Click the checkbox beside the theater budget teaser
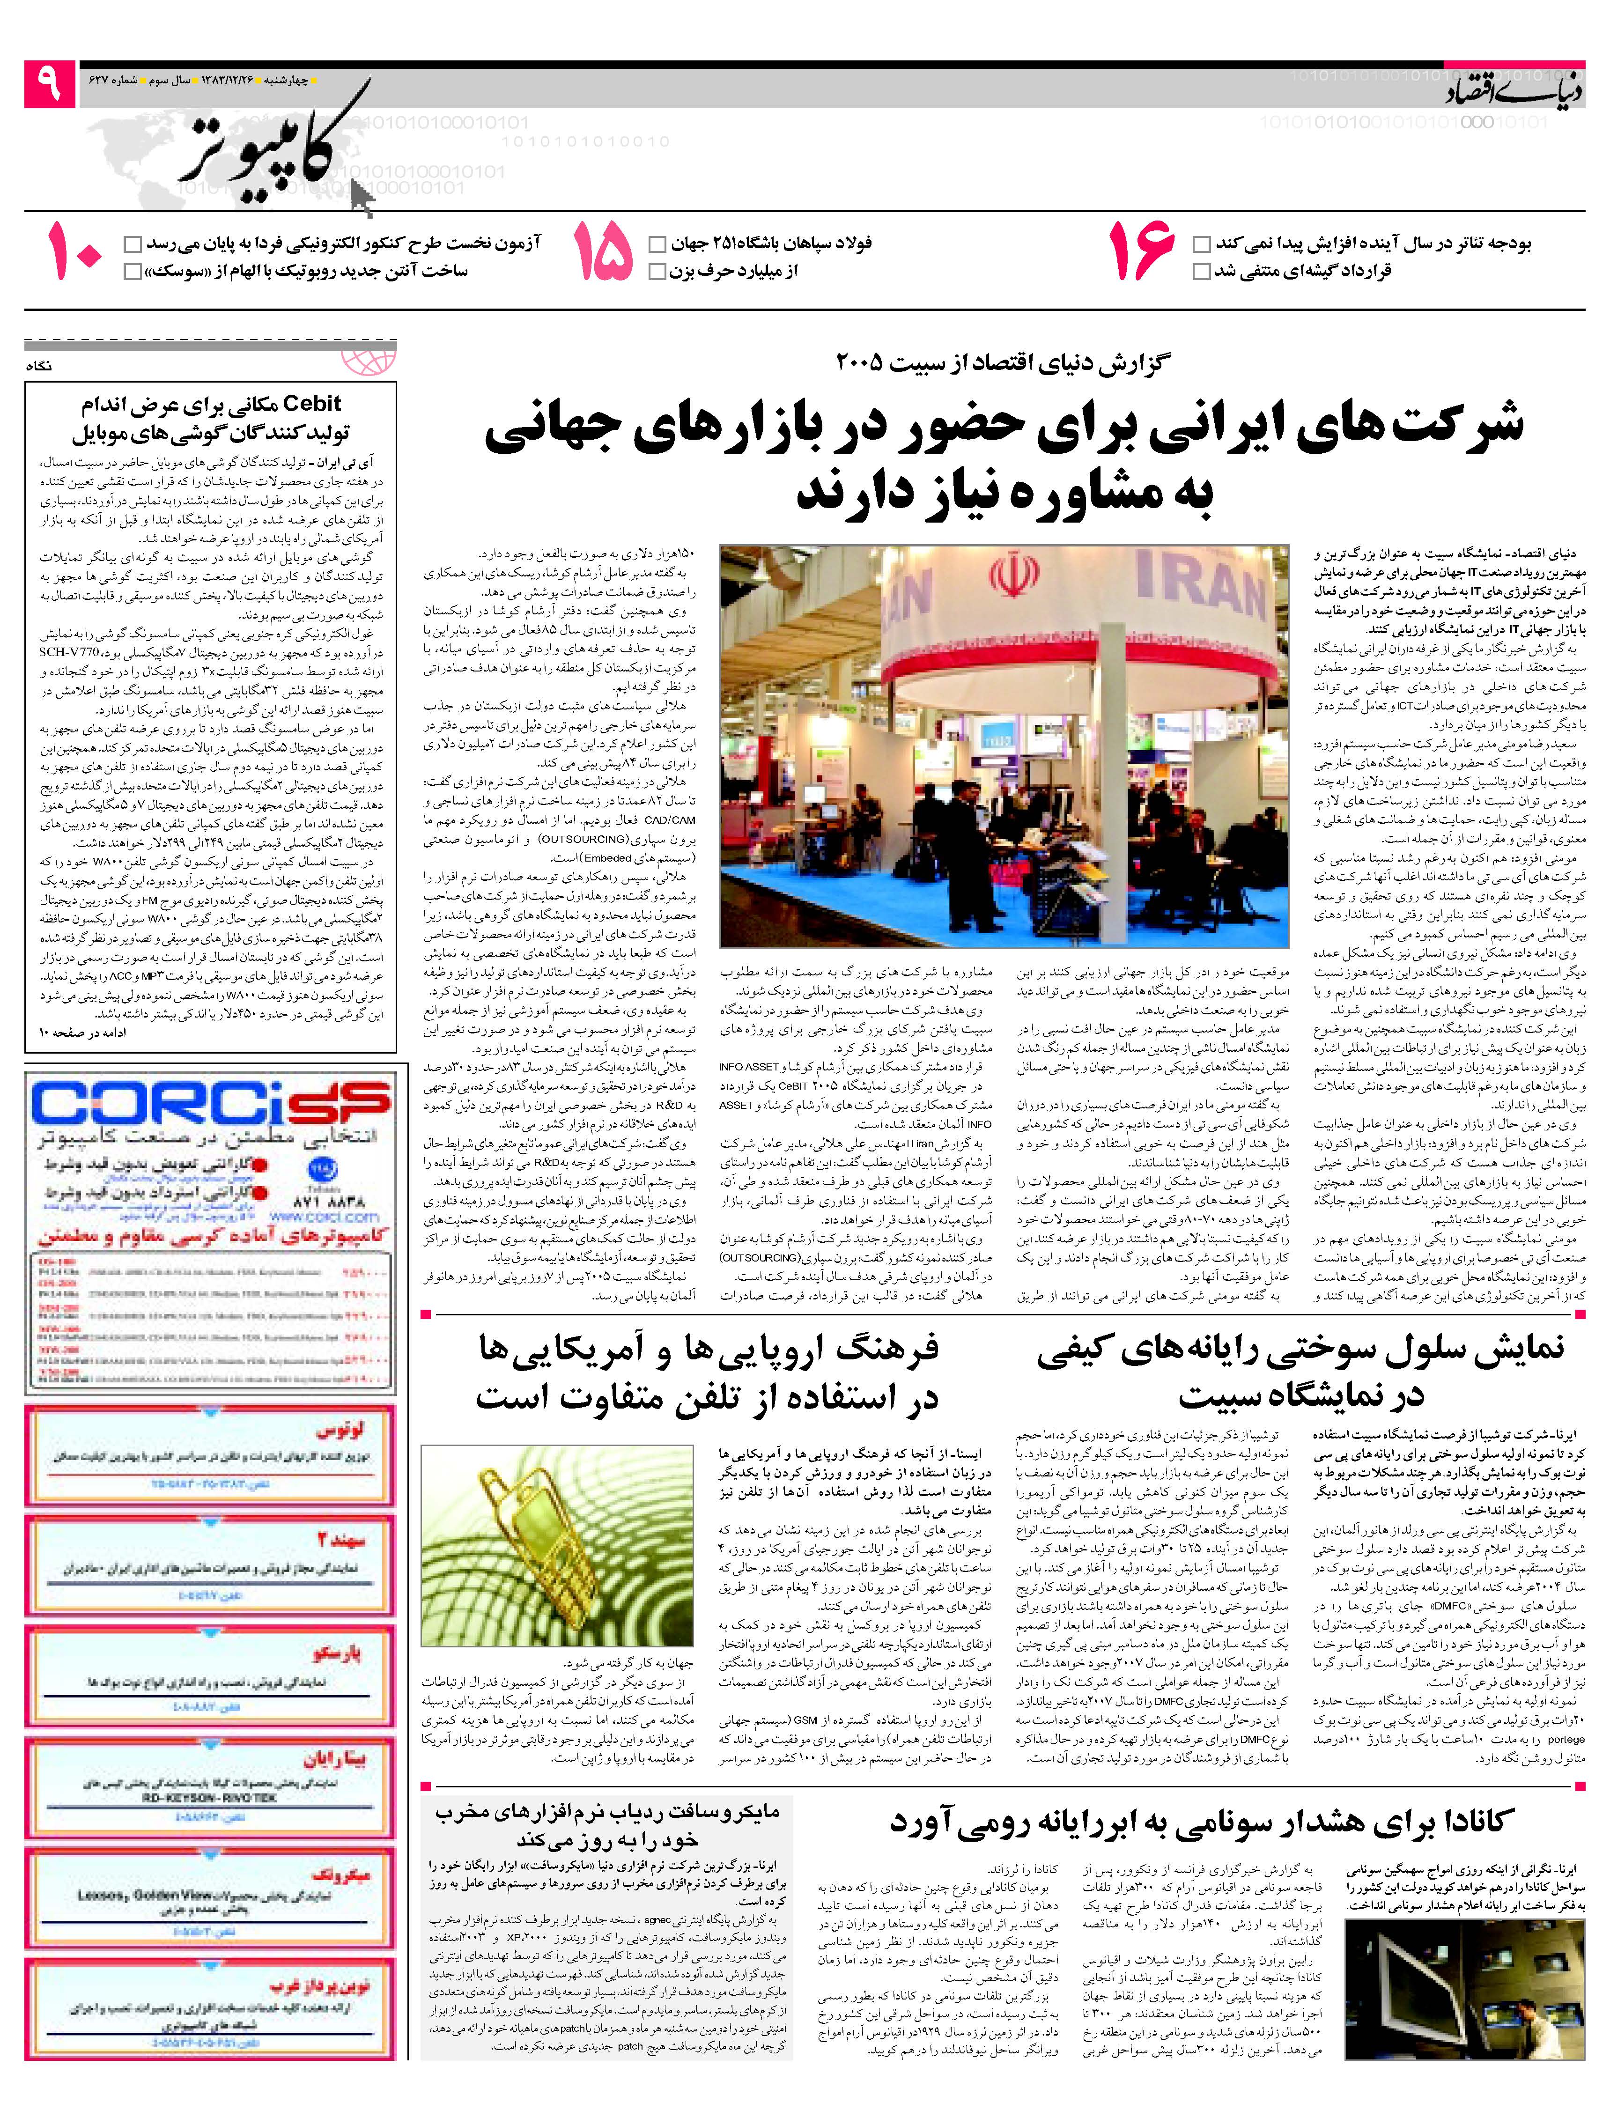click(x=1201, y=244)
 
